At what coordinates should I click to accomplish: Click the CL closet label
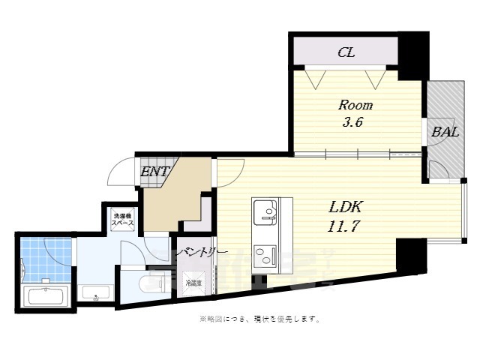(346, 52)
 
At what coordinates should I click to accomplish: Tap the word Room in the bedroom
(355, 105)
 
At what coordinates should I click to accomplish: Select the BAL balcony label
(445, 132)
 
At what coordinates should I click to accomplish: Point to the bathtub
(46, 295)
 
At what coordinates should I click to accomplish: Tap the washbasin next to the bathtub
(95, 293)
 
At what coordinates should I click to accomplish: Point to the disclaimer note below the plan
(259, 319)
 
